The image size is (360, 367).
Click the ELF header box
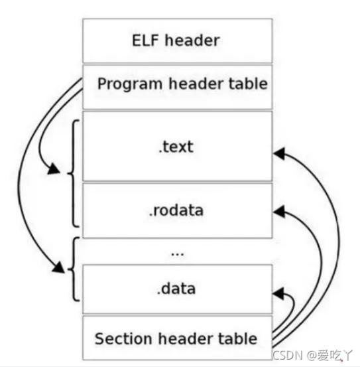point(176,40)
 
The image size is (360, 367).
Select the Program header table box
point(176,86)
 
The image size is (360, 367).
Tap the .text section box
point(176,145)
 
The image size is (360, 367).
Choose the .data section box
point(176,289)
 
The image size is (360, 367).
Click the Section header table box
point(176,338)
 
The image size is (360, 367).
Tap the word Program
point(127,84)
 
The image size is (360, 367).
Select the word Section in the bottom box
point(122,338)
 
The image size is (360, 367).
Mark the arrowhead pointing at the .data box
point(278,292)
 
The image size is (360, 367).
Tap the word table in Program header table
point(249,84)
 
